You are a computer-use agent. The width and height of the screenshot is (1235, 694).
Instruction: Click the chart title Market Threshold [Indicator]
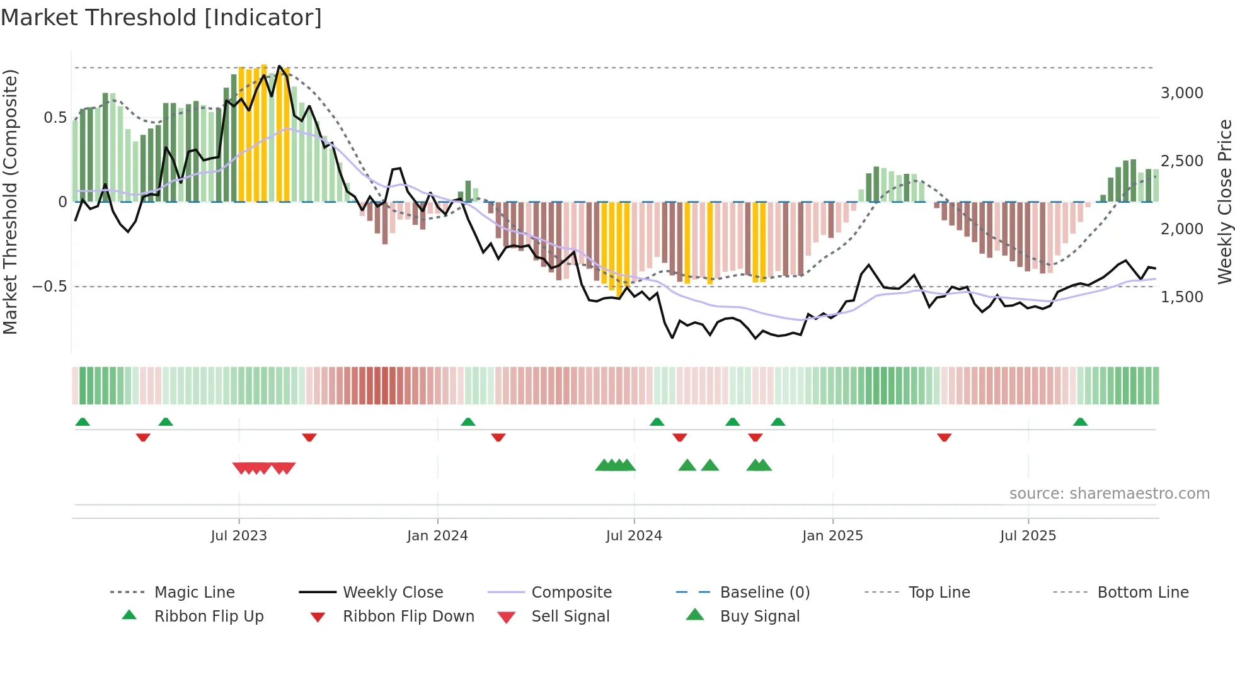[161, 18]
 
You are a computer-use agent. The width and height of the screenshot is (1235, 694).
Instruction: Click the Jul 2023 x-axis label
[239, 536]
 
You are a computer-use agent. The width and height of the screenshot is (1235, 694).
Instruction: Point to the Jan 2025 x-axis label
[832, 536]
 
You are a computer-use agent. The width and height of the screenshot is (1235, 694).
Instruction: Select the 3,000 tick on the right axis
[1181, 93]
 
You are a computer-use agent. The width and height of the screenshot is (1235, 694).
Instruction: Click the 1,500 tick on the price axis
[1181, 297]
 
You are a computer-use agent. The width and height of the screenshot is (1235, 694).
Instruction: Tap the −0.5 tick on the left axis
[49, 287]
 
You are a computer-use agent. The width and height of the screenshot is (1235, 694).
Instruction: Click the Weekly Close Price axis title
[1224, 202]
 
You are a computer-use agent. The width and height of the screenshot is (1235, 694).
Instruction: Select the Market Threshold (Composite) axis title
[10, 202]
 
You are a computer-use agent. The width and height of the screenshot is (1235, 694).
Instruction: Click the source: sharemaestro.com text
[1109, 494]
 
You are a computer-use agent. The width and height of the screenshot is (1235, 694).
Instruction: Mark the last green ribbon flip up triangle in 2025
[1080, 422]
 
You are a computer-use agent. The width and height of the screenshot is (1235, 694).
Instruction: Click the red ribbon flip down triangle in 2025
[944, 437]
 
